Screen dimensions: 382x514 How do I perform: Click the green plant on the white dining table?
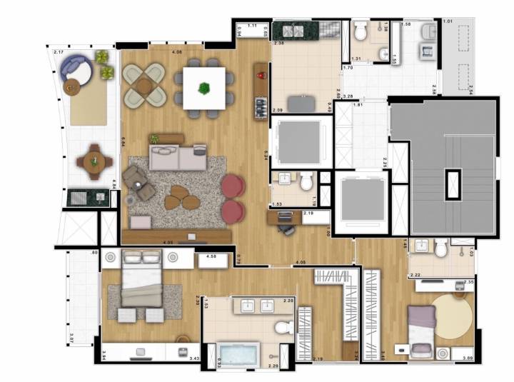(x=205, y=88)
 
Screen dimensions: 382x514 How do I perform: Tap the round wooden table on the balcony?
(x=94, y=161)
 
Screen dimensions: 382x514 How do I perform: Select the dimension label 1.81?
(x=358, y=106)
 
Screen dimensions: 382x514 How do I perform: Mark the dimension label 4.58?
(x=211, y=256)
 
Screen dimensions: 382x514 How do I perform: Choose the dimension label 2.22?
(x=415, y=275)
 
